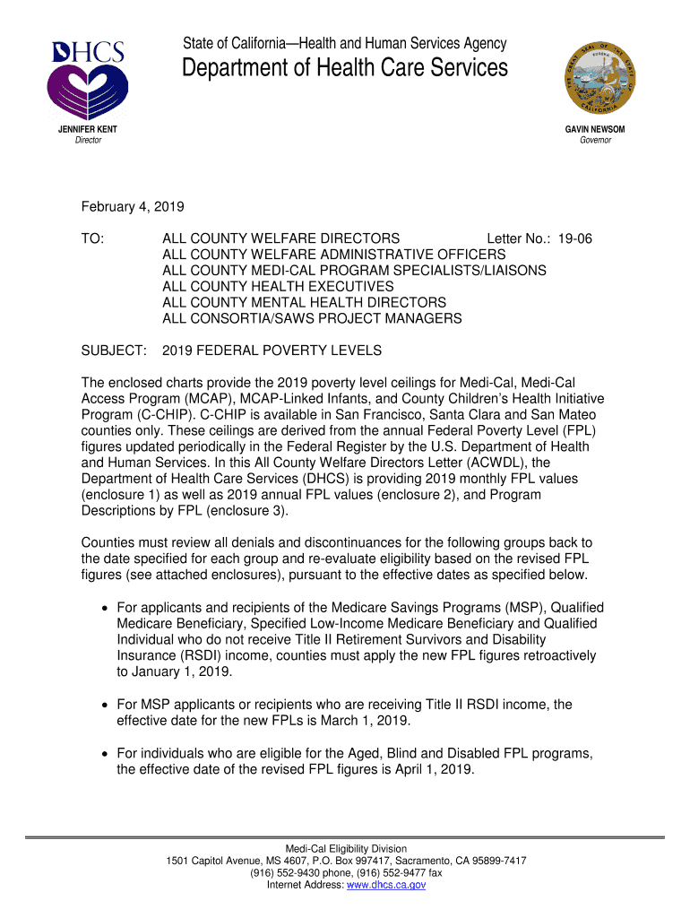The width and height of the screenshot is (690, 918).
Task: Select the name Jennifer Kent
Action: point(87,129)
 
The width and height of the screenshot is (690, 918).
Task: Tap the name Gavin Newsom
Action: point(595,129)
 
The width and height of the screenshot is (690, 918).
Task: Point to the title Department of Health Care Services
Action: point(345,68)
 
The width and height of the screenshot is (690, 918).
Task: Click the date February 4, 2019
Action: point(133,207)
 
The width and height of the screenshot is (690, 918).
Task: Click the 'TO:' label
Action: point(93,238)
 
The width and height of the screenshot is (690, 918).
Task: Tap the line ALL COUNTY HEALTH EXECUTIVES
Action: point(265,286)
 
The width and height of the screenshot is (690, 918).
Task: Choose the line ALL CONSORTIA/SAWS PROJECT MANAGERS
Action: point(312,318)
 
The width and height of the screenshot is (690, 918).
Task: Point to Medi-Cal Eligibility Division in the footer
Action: point(345,848)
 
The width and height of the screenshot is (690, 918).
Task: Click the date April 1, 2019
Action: point(431,769)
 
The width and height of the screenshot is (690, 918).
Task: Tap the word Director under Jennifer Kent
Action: point(87,141)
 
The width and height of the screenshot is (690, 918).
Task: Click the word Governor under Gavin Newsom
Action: point(595,141)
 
